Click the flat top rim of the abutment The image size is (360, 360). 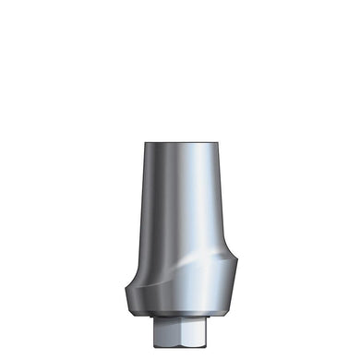179,142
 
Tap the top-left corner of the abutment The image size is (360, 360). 146,143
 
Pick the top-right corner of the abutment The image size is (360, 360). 214,143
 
